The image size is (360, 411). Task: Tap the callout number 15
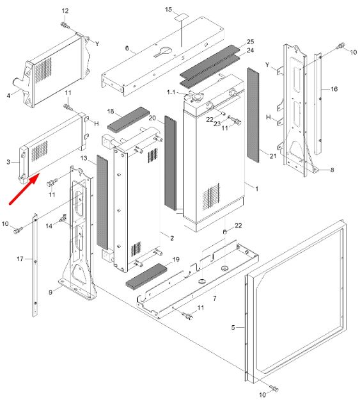(x=169, y=10)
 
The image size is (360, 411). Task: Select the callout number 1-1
(x=171, y=92)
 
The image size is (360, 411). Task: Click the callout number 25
(x=250, y=42)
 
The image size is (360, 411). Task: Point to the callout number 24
(x=250, y=50)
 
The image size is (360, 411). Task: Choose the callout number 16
(x=334, y=89)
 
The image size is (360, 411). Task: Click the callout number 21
(x=273, y=156)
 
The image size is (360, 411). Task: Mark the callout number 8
(x=332, y=170)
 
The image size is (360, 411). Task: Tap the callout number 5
(x=233, y=327)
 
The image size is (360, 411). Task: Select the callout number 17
(x=20, y=259)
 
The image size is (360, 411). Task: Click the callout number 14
(x=49, y=226)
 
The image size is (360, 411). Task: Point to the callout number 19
(x=176, y=259)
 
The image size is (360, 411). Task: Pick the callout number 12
(x=65, y=11)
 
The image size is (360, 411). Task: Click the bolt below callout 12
(x=65, y=25)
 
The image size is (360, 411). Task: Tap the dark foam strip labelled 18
(x=129, y=120)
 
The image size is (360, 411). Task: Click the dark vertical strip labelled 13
(x=102, y=202)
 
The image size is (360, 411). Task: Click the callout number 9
(x=51, y=292)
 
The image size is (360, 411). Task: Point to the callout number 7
(x=215, y=298)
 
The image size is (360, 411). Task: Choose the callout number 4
(x=9, y=95)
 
